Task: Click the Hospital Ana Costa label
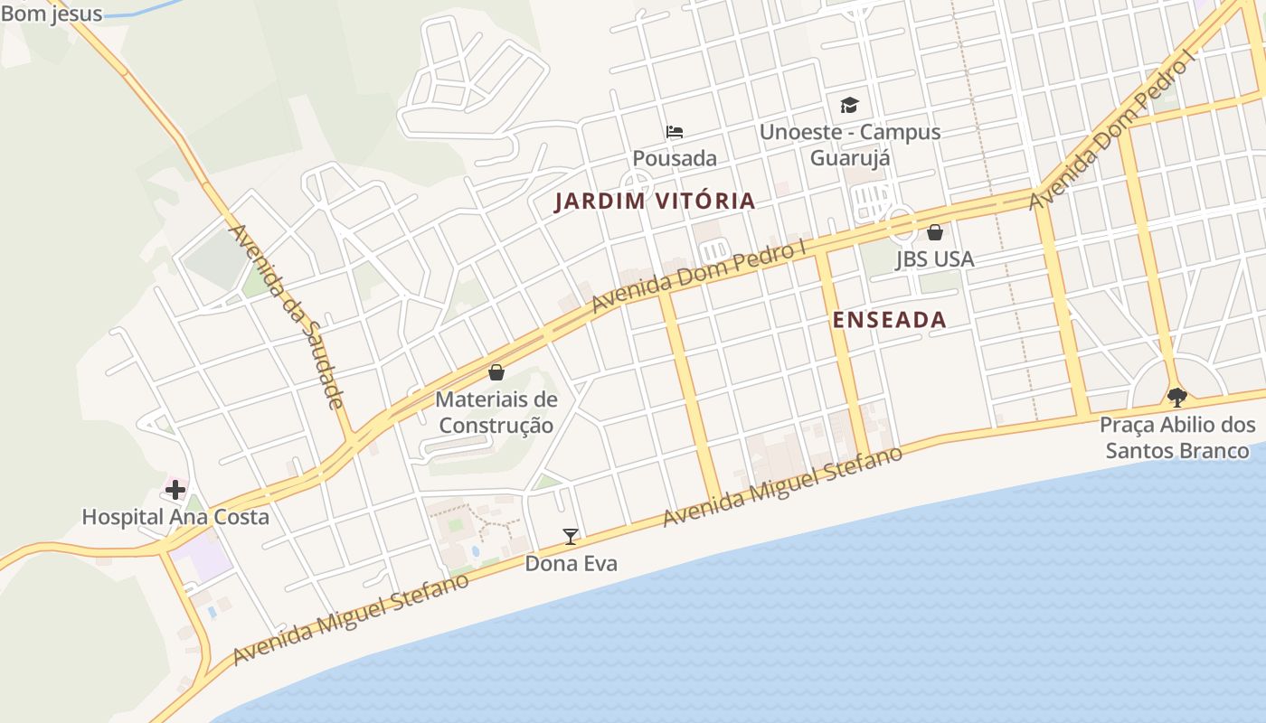(175, 517)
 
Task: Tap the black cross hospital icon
(175, 490)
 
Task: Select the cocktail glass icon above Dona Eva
(571, 536)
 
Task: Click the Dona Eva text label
(572, 564)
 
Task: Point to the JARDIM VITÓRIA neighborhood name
(655, 201)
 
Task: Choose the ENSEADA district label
(889, 320)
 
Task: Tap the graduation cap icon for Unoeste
(849, 105)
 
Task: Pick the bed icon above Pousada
(675, 132)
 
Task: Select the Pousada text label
(675, 158)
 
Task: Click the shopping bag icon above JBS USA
(935, 232)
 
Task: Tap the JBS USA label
(935, 259)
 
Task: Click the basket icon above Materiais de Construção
(496, 371)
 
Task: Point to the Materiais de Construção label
(496, 412)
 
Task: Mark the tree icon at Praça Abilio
(1177, 396)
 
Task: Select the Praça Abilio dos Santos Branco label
(1177, 437)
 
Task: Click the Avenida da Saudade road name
(288, 317)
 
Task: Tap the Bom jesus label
(52, 14)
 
